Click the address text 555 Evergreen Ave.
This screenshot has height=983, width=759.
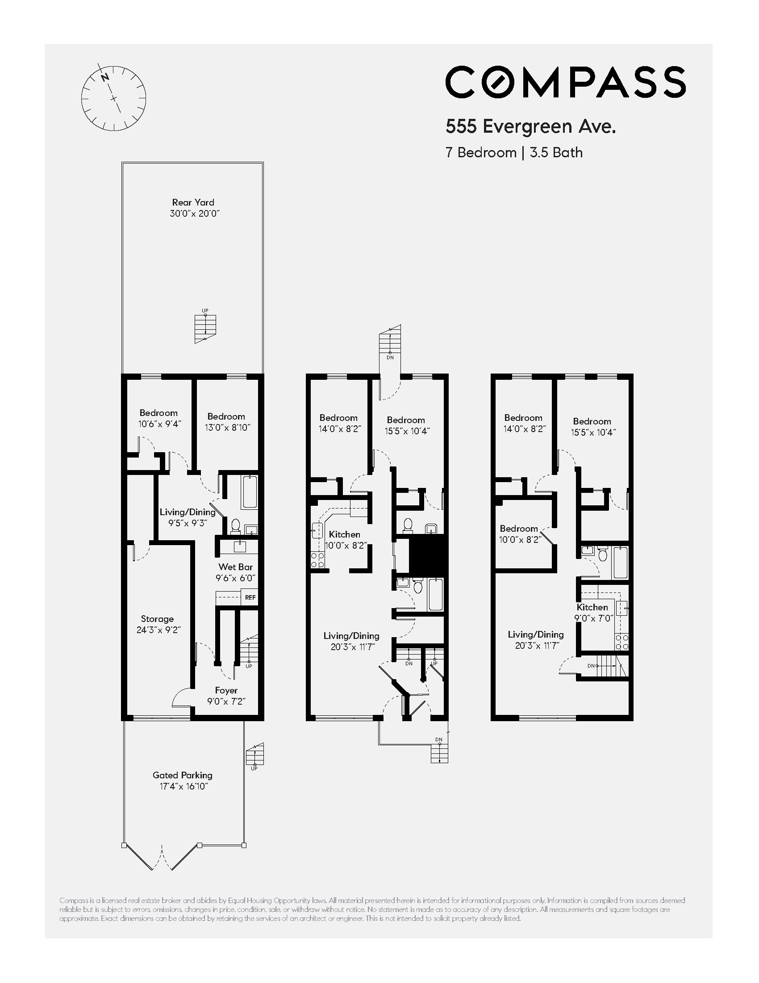click(x=530, y=127)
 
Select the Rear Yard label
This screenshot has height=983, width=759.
click(x=193, y=208)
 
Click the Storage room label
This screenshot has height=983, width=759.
click(x=157, y=624)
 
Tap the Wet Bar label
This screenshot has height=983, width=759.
click(x=236, y=572)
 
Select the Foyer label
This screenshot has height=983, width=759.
click(x=226, y=696)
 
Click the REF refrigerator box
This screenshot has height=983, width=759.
click(x=250, y=597)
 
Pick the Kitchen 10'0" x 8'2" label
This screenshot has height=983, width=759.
click(x=344, y=540)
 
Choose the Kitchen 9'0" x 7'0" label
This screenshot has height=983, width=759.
click(x=592, y=613)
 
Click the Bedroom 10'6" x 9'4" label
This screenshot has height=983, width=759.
click(x=159, y=418)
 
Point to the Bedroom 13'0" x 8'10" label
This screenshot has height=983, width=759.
click(x=227, y=422)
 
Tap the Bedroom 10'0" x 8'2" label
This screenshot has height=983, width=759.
click(x=519, y=534)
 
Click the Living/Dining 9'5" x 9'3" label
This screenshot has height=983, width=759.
click(x=188, y=517)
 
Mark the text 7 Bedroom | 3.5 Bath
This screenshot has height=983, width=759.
click(x=514, y=153)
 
